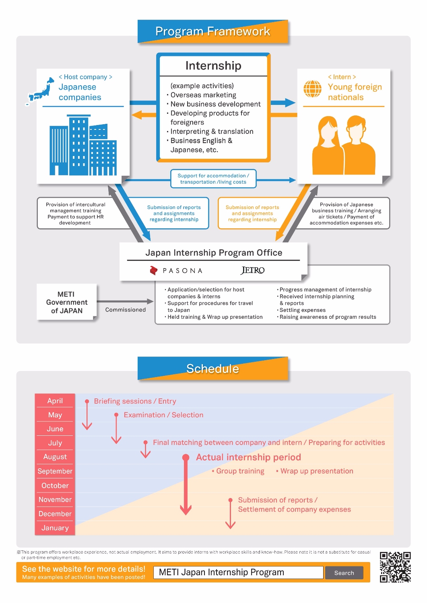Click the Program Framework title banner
click(x=212, y=31)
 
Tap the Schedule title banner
click(x=212, y=368)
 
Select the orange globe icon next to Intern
click(x=313, y=89)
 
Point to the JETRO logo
click(x=252, y=271)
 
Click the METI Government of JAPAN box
click(x=66, y=302)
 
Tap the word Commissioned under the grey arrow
click(x=125, y=310)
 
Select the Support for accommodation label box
click(x=213, y=178)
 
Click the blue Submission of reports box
click(x=174, y=213)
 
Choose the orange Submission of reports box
click(x=252, y=213)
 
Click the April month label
click(x=55, y=401)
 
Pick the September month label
click(x=55, y=471)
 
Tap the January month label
click(x=55, y=528)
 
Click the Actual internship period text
click(x=248, y=457)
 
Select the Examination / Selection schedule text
click(x=163, y=415)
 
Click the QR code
click(x=395, y=567)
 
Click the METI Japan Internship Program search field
click(x=238, y=572)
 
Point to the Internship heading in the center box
click(x=213, y=66)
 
